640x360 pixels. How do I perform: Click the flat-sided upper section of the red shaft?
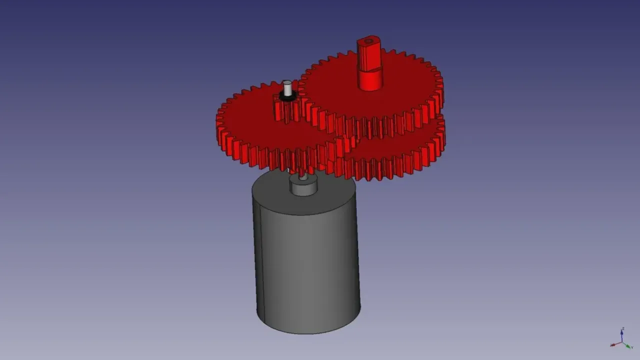click(x=369, y=56)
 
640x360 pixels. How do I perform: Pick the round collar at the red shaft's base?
click(x=370, y=80)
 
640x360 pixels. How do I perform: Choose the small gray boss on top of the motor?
click(x=303, y=188)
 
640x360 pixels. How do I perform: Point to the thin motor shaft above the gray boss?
click(x=302, y=176)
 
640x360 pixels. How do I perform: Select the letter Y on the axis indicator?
click(x=632, y=347)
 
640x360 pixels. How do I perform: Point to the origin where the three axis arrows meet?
click(x=621, y=342)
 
